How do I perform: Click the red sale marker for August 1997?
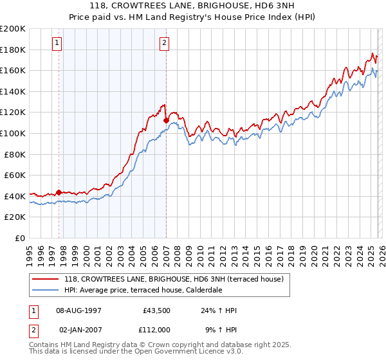[59, 192]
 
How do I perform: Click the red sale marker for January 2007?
[166, 120]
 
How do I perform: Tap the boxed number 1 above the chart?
[57, 43]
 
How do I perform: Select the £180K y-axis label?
[14, 50]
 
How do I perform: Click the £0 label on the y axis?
[19, 238]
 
